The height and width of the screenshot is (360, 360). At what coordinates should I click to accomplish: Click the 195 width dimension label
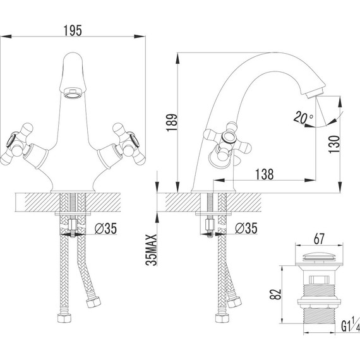pyautogui.click(x=73, y=30)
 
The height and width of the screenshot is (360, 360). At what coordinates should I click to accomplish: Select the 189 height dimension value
pyautogui.click(x=172, y=123)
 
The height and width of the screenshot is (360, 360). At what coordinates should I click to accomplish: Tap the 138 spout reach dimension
pyautogui.click(x=265, y=174)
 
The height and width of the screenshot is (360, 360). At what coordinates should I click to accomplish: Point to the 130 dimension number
pyautogui.click(x=334, y=145)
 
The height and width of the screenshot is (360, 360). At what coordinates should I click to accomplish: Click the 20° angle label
pyautogui.click(x=303, y=117)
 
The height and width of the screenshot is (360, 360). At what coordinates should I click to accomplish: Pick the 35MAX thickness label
pyautogui.click(x=152, y=250)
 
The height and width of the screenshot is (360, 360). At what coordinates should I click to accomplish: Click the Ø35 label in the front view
pyautogui.click(x=105, y=229)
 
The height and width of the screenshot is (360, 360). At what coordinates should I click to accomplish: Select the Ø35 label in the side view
pyautogui.click(x=246, y=229)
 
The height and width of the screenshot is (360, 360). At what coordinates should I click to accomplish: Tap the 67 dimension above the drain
pyautogui.click(x=319, y=239)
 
